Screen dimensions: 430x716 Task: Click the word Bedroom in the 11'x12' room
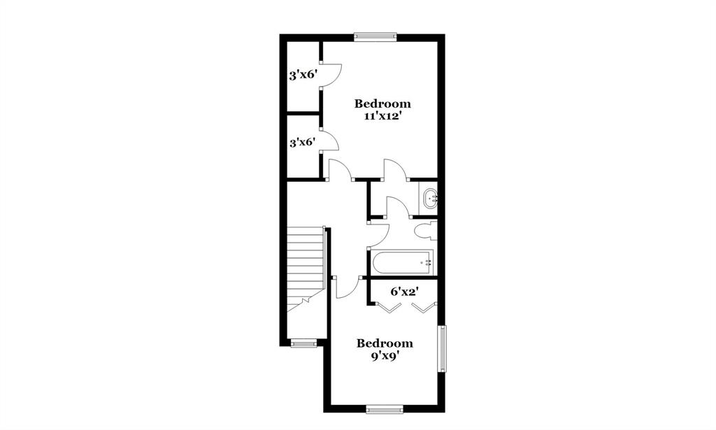[382, 103]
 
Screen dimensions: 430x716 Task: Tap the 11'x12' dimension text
[382, 117]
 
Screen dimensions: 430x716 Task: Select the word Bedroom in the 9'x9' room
[385, 343]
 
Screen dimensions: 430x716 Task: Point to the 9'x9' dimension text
[385, 356]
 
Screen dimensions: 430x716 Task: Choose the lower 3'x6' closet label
[303, 143]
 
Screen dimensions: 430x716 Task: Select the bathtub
[401, 263]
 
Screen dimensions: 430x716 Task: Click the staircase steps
[305, 262]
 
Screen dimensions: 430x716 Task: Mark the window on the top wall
[375, 37]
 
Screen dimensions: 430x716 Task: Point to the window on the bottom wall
[385, 409]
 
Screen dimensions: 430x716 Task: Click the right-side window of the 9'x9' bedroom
[442, 348]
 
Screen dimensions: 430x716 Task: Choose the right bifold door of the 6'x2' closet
[424, 308]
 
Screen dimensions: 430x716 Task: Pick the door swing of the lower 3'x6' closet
[329, 140]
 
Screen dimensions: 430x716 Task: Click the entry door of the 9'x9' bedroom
[348, 288]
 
